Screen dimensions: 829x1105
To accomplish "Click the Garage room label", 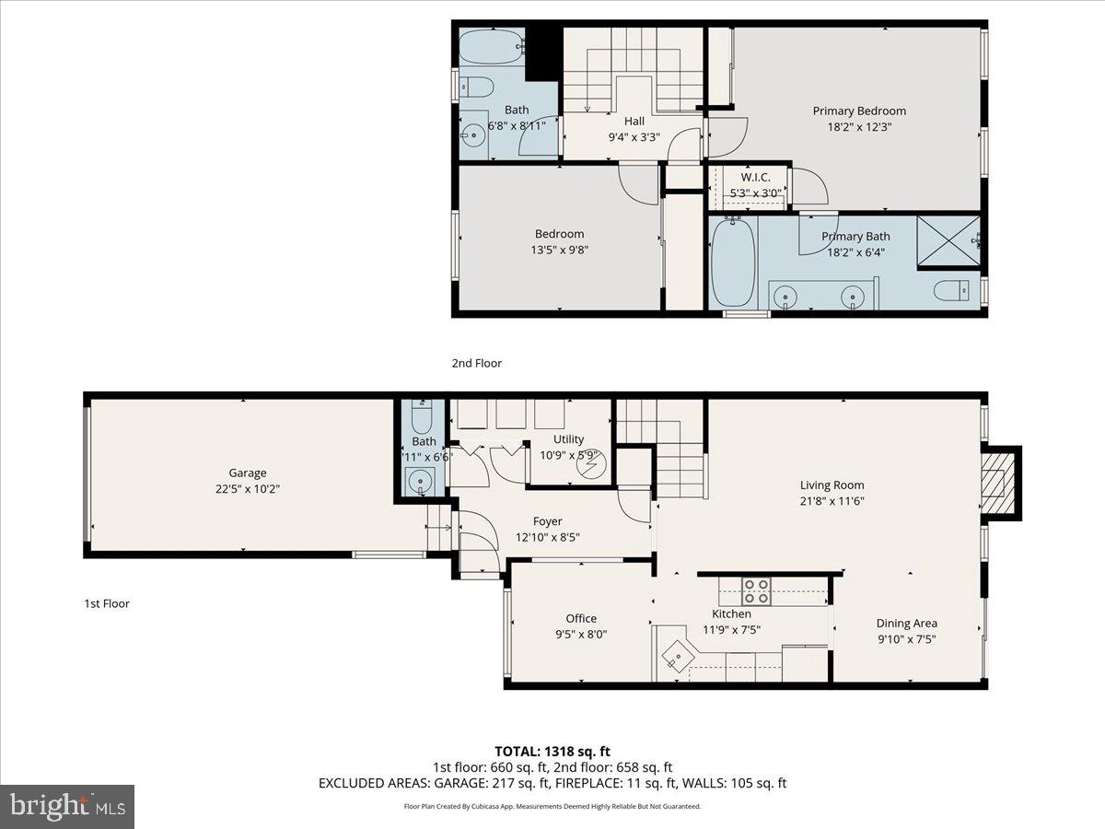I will coord(248,473).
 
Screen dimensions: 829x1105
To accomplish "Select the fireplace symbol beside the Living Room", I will coord(994,483).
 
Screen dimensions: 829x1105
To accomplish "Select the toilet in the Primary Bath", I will coord(952,291).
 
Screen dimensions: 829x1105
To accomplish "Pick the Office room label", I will coord(581,618).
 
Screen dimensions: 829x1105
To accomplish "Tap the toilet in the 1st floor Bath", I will coord(422,421).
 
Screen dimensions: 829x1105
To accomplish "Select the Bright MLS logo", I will coord(67,807).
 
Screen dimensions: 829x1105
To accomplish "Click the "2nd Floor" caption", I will coord(476,363).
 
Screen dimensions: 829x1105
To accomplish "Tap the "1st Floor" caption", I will coord(106,603).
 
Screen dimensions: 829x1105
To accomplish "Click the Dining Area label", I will coord(906,624).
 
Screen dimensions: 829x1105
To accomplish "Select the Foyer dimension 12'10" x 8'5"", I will coord(547,537).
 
